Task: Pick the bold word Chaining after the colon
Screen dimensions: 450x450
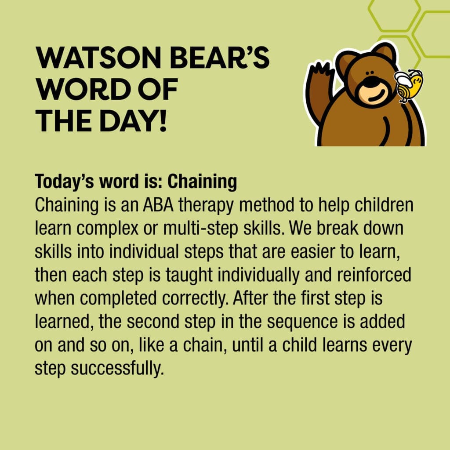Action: point(202,182)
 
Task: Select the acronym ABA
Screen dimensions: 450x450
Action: point(158,205)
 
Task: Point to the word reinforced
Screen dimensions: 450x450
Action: point(374,275)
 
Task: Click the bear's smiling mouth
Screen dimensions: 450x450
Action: point(377,95)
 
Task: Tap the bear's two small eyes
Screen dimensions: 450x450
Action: point(371,72)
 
